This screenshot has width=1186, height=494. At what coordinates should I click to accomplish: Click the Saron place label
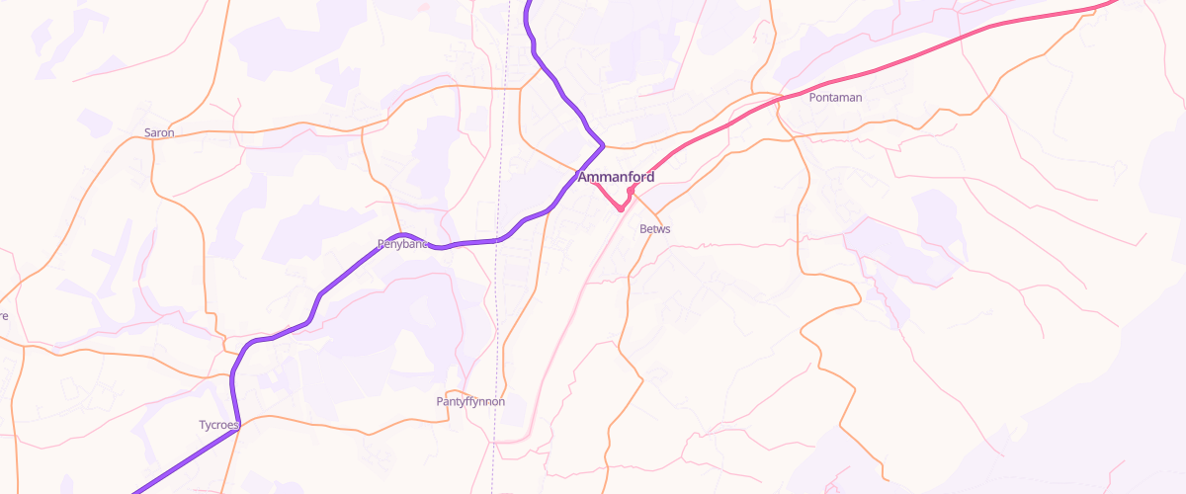coord(159,132)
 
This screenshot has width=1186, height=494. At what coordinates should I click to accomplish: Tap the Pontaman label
coord(835,98)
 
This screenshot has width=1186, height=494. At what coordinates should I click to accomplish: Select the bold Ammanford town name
coord(616,177)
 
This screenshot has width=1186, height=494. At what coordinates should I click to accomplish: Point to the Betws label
coord(655,229)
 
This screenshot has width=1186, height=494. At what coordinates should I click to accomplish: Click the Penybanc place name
coord(401,243)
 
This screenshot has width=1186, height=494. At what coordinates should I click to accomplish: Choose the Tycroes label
coord(218,425)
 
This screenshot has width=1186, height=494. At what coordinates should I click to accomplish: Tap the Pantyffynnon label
coord(470,402)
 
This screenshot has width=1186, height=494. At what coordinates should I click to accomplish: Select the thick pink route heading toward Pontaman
coord(889,64)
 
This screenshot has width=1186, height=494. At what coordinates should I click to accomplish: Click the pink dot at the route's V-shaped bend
coord(620,208)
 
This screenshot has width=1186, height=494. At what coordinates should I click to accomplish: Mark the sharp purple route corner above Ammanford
coord(602,145)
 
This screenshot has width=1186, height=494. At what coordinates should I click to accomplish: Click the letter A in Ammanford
coord(583,177)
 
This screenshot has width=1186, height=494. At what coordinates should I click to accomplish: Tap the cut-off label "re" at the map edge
coord(4,316)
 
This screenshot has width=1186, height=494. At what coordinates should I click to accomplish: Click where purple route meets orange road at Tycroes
coord(238,419)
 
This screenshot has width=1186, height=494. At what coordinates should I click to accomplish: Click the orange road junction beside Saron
coord(153,139)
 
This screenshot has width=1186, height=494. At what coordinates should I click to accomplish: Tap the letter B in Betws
coord(643,229)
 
